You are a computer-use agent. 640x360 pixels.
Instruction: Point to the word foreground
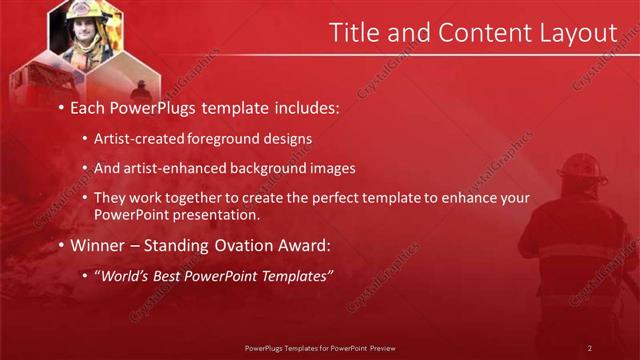coord(216,138)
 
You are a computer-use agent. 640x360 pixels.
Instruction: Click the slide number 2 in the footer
coord(590,347)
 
